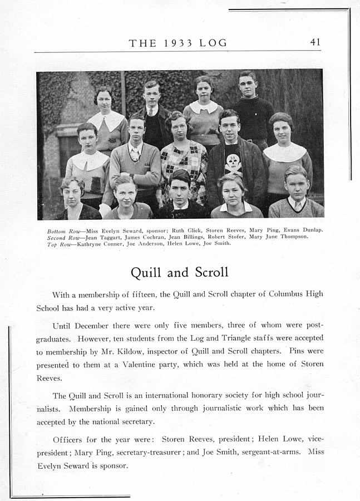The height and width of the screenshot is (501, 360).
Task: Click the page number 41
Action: [315, 43]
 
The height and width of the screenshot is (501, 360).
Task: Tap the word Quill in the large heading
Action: [146, 272]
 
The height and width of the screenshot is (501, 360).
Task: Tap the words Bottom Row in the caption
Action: [60, 230]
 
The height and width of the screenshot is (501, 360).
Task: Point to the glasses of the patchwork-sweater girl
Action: [179, 127]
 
